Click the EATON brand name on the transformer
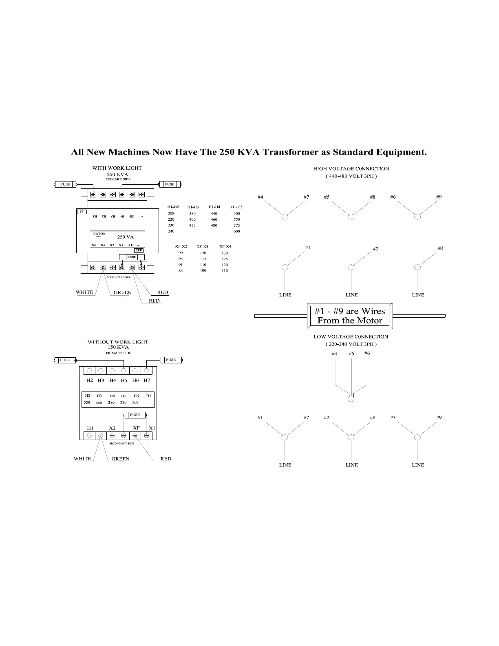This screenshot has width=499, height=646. click(99, 234)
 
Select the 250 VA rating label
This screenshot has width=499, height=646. click(125, 237)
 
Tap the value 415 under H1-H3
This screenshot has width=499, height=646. click(192, 225)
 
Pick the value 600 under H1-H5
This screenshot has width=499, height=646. click(237, 231)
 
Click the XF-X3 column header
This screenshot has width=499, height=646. click(202, 247)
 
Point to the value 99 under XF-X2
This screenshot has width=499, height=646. click(181, 253)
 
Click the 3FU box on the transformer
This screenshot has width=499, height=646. click(139, 250)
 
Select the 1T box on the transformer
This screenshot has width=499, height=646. click(82, 212)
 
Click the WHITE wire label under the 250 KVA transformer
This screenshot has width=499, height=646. click(84, 292)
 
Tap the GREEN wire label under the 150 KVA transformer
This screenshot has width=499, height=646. click(120, 458)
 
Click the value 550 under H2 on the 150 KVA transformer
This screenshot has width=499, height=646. click(87, 402)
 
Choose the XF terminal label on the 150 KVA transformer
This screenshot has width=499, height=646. click(136, 428)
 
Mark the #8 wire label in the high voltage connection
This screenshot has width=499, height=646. click(373, 197)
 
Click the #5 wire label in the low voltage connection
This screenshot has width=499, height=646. click(351, 353)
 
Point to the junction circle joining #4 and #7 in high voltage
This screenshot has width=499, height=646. click(285, 217)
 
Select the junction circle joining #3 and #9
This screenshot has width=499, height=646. click(417, 437)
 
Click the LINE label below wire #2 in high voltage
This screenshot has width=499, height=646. click(351, 295)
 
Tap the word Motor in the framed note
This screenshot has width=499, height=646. click(368, 321)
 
